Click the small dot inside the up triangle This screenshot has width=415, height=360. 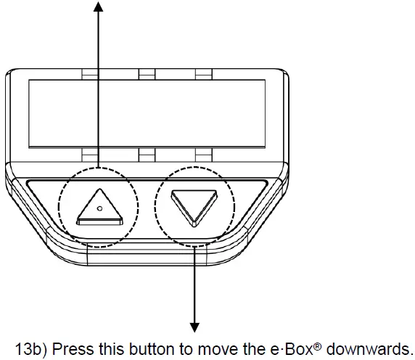[100, 208]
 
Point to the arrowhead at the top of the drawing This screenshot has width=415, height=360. [98, 7]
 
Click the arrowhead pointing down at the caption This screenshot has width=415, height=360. [194, 327]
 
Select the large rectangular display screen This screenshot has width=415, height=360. [147, 113]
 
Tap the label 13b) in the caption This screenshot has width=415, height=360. [31, 349]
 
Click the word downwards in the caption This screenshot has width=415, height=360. [369, 349]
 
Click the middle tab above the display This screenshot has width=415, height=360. [147, 74]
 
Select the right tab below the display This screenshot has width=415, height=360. [204, 155]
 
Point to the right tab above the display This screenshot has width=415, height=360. [204, 74]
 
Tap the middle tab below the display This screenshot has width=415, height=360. [147, 155]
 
